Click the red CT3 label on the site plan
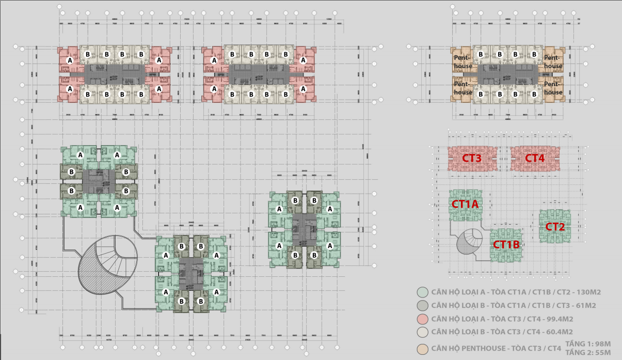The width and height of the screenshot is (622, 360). pos(472,158)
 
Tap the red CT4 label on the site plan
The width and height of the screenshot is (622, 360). pos(535,158)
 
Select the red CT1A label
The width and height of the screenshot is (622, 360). pos(465,205)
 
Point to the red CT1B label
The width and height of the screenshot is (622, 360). pos(506,245)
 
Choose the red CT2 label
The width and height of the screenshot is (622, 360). pos(555,227)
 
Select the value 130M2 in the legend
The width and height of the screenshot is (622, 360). pos(587,292)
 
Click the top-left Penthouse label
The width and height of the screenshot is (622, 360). pos(463,62)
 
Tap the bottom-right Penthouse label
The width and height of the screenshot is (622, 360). pos(553,88)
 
